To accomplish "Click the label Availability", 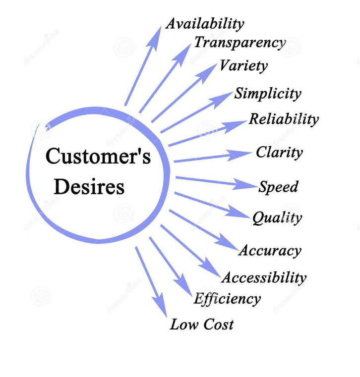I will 205,24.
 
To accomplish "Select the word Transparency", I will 240,43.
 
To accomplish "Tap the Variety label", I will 243,65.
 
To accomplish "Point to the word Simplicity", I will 268,94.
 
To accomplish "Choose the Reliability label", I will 284,119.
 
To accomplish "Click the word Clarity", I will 279,152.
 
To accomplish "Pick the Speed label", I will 279,187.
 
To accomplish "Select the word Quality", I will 277,217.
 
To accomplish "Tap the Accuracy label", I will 270,251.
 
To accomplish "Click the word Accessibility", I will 264,277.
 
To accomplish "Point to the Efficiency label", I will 227,299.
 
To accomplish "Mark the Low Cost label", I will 202,325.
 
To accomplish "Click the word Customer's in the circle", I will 98,157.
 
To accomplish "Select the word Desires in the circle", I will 89,187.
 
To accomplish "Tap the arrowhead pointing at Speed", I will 247,185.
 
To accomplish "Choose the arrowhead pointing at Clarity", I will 242,154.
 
